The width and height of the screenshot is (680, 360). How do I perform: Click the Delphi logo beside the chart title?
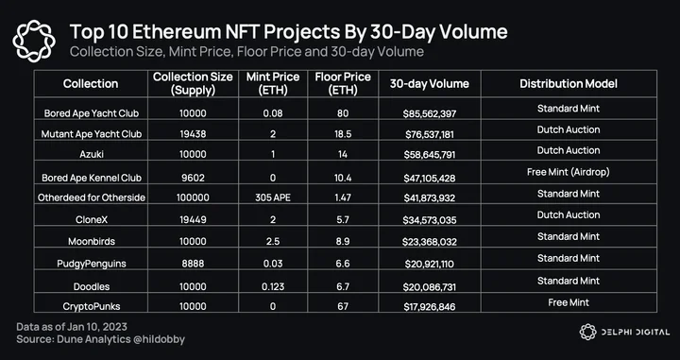pyautogui.click(x=34, y=42)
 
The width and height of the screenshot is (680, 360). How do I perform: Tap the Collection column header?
pyautogui.click(x=91, y=84)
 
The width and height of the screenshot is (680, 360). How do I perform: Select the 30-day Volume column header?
pyautogui.click(x=430, y=84)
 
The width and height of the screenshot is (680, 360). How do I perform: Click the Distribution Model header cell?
pyautogui.click(x=569, y=84)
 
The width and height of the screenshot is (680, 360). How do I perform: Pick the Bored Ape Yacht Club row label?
pyautogui.click(x=92, y=113)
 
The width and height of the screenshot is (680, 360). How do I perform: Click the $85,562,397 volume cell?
pyautogui.click(x=430, y=114)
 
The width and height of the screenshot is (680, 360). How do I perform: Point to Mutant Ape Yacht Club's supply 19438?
pyautogui.click(x=193, y=134)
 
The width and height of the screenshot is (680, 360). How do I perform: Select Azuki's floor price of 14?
pyautogui.click(x=343, y=154)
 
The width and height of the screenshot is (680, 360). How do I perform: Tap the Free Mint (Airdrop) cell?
pyautogui.click(x=569, y=172)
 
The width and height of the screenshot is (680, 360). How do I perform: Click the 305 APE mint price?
pyautogui.click(x=273, y=197)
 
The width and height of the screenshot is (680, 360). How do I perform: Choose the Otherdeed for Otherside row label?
pyautogui.click(x=92, y=197)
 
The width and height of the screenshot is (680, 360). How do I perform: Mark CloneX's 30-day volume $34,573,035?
pyautogui.click(x=430, y=220)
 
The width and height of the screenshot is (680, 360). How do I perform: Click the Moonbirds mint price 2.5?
pyautogui.click(x=273, y=241)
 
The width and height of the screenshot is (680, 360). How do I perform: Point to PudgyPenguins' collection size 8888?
pyautogui.click(x=193, y=264)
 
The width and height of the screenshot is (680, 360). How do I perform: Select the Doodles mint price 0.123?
pyautogui.click(x=273, y=286)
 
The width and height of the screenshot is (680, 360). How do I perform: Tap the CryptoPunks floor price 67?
pyautogui.click(x=343, y=307)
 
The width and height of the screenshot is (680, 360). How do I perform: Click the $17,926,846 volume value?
pyautogui.click(x=430, y=307)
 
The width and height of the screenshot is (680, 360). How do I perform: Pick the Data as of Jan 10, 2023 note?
pyautogui.click(x=72, y=327)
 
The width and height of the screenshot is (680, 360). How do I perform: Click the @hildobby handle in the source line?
pyautogui.click(x=160, y=339)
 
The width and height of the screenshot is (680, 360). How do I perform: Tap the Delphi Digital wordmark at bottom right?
pyautogui.click(x=635, y=333)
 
